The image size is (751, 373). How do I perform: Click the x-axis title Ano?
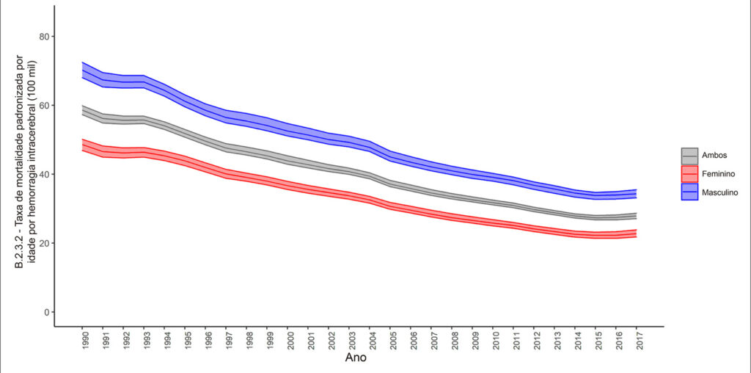356,358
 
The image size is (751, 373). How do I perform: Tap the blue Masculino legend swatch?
689,192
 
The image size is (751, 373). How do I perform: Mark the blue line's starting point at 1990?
82,70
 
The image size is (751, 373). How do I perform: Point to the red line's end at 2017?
637,233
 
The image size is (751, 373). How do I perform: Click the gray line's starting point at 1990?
82,110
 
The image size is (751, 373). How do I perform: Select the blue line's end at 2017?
637,194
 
